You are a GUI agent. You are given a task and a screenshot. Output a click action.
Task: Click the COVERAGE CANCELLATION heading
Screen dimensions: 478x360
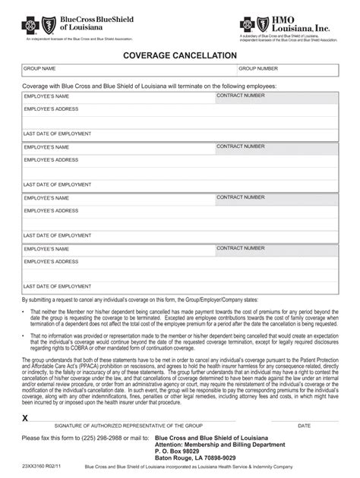coord(180,56)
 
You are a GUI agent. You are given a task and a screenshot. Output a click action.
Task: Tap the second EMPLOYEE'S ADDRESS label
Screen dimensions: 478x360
coord(51,160)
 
